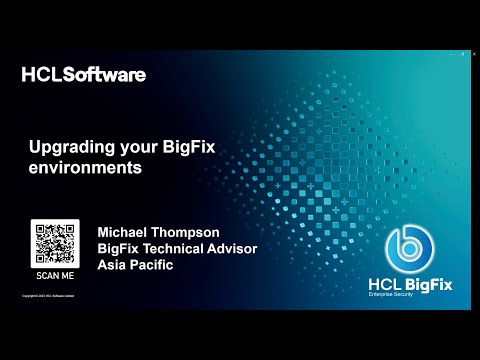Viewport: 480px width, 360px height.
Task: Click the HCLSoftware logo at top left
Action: coord(83,74)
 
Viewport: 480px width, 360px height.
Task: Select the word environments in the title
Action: coord(85,169)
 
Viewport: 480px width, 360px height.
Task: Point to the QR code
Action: coord(54,243)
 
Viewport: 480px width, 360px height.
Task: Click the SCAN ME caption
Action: coord(54,274)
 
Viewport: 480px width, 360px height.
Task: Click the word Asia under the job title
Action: coord(113,265)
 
